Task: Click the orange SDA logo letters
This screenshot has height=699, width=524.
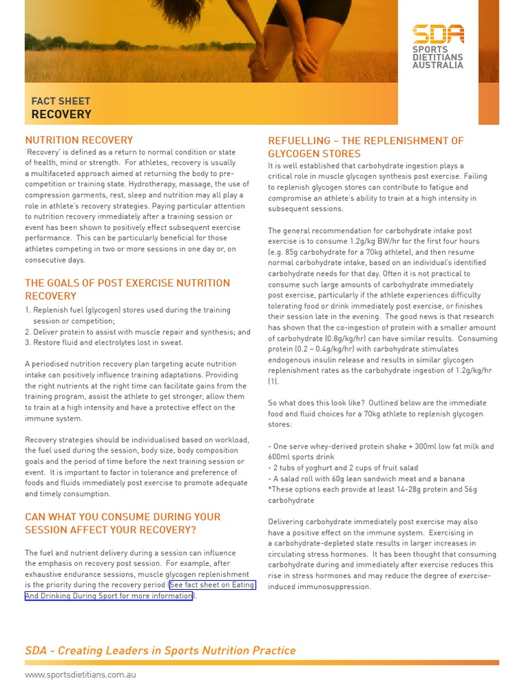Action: click(438, 35)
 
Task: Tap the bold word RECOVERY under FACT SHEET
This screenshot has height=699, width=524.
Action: click(61, 115)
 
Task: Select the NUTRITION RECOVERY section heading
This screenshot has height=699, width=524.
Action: click(79, 140)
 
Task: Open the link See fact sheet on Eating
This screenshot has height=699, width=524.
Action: click(212, 586)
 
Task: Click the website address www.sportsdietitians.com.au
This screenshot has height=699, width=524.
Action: click(81, 674)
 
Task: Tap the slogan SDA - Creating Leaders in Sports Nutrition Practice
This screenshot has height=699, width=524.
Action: click(160, 651)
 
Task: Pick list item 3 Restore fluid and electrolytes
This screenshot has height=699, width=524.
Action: click(104, 343)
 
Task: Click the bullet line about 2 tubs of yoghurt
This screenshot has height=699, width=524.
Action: click(332, 468)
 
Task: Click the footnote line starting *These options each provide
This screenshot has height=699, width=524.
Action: click(372, 490)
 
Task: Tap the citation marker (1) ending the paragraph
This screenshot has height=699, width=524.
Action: click(273, 382)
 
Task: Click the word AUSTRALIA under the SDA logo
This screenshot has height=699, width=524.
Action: click(437, 66)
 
